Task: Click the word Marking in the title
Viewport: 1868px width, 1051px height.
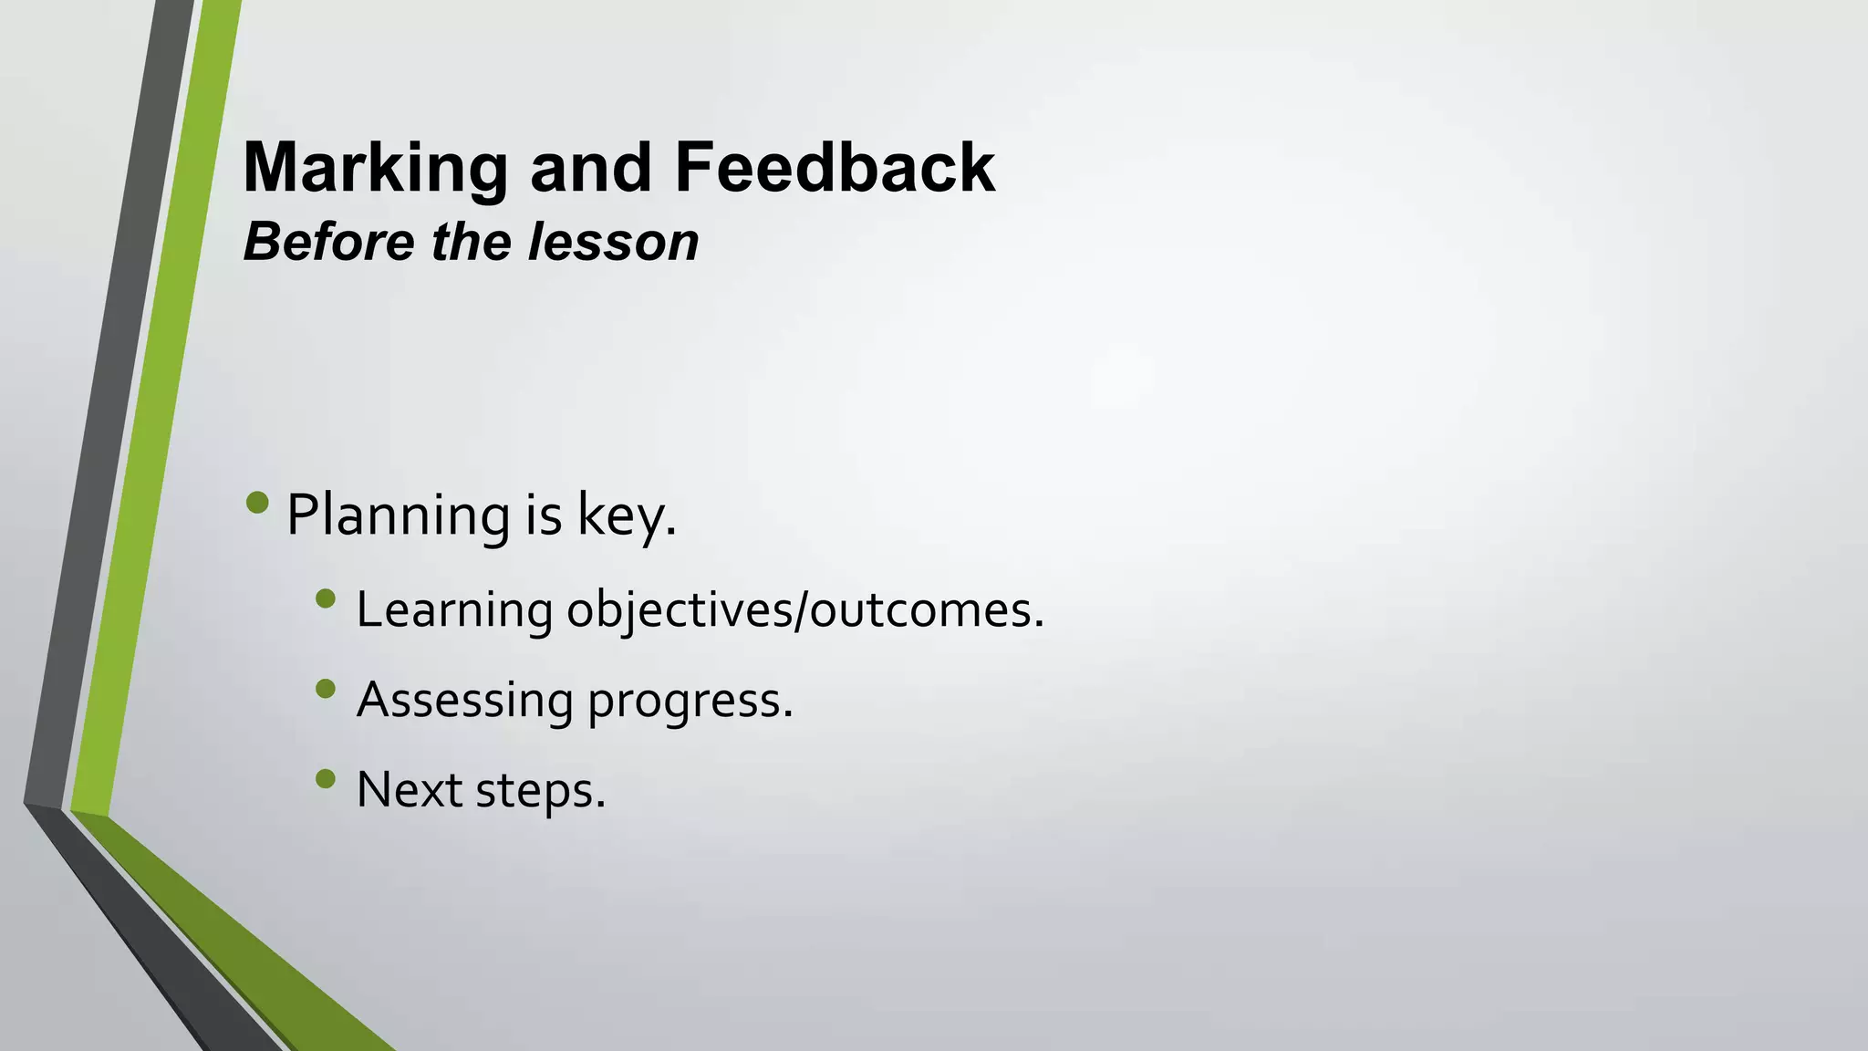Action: (x=375, y=169)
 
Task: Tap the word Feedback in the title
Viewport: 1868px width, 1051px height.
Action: (x=834, y=169)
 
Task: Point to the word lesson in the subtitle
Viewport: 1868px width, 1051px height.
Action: (x=613, y=243)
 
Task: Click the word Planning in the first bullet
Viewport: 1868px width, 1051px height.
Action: (x=398, y=515)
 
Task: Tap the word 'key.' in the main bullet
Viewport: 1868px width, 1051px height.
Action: (x=628, y=515)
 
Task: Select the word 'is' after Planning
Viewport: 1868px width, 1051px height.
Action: (x=544, y=515)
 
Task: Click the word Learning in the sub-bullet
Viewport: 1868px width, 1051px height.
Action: (x=454, y=610)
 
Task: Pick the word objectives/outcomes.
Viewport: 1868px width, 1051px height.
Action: (x=805, y=610)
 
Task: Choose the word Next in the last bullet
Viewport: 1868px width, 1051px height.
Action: (x=409, y=790)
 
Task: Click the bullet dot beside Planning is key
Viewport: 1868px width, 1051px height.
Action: (x=258, y=503)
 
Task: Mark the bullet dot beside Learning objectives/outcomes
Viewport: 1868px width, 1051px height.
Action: (x=326, y=598)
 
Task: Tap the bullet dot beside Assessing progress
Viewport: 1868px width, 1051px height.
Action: (x=326, y=689)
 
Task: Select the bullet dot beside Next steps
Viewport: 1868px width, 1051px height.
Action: (x=326, y=778)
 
